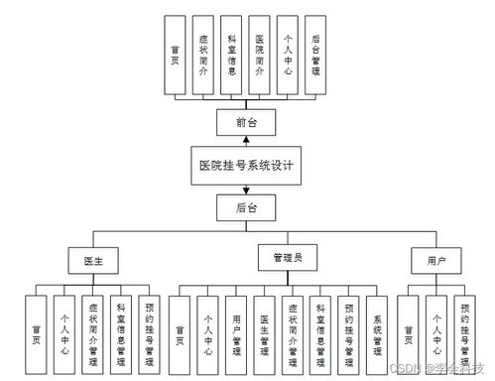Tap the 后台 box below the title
pyautogui.click(x=246, y=208)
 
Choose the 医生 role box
pyautogui.click(x=93, y=261)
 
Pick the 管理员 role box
pyautogui.click(x=287, y=258)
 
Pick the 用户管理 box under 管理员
pyautogui.click(x=235, y=333)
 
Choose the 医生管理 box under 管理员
pyautogui.click(x=264, y=333)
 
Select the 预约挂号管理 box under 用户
pyautogui.click(x=464, y=333)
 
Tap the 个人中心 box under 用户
pyautogui.click(x=435, y=333)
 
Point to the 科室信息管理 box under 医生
pyautogui.click(x=120, y=333)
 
